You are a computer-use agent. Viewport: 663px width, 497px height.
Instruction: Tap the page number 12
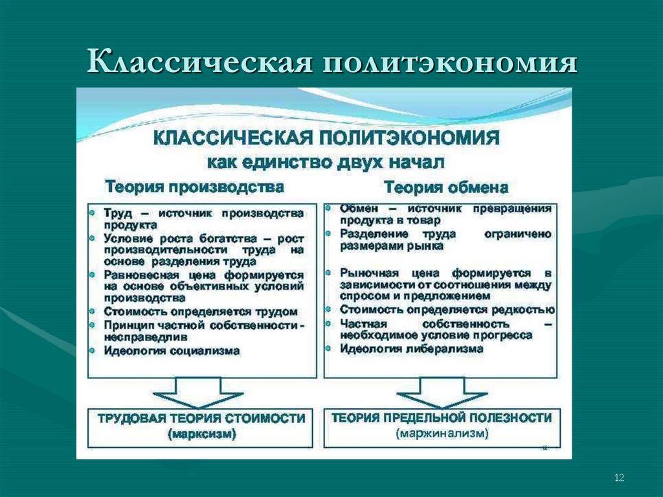coord(619,478)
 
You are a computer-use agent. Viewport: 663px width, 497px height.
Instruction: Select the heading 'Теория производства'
coord(195,187)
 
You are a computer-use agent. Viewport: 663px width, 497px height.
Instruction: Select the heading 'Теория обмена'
coord(446,188)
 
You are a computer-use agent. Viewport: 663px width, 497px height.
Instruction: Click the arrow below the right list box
coord(442,393)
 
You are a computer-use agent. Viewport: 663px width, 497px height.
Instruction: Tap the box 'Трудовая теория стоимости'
coord(201,426)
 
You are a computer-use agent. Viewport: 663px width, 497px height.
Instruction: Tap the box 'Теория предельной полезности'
coord(442,426)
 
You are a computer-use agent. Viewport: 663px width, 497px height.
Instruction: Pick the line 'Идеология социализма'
coord(172,351)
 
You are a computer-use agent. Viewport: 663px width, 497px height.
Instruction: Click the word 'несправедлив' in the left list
coord(146,337)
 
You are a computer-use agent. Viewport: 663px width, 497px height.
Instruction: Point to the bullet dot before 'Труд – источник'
coord(95,213)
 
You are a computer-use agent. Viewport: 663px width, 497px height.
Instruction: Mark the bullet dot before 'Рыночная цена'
coord(330,273)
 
